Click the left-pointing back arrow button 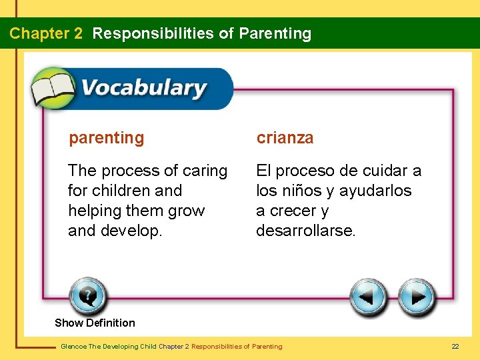coord(369,297)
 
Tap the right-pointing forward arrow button coord(417,297)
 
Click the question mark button coord(87,295)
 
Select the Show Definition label coord(95,323)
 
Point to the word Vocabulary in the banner coord(143,88)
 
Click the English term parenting coord(106,138)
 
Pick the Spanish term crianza coord(285,138)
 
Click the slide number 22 coord(455,346)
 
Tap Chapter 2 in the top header coord(46,33)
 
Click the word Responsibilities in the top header coord(154,33)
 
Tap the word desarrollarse coord(306,231)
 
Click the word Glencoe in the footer coord(73,347)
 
